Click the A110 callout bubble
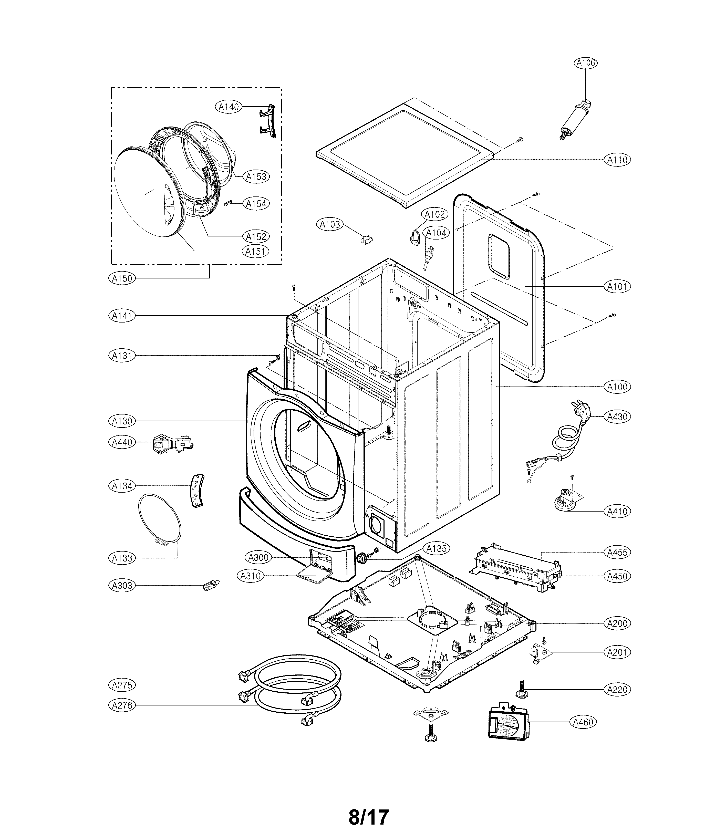(x=617, y=160)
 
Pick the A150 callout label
(x=122, y=278)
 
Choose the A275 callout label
(x=122, y=685)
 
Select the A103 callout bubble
(x=330, y=225)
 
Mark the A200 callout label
(x=617, y=623)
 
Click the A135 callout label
(x=437, y=549)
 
